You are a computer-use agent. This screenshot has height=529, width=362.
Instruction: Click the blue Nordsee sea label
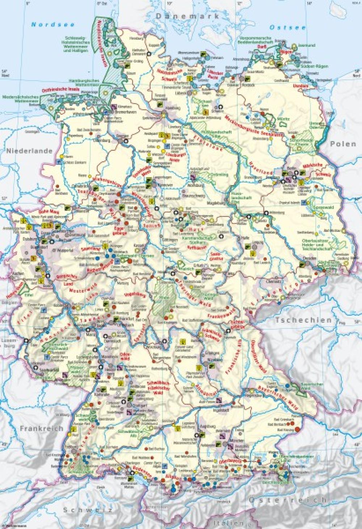52,25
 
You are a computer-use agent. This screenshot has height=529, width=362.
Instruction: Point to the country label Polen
343,144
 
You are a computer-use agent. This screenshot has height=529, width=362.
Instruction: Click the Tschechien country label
303,320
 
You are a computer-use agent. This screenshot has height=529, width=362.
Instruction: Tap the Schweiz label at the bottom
86,510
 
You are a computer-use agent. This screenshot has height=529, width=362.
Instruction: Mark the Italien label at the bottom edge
228,523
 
